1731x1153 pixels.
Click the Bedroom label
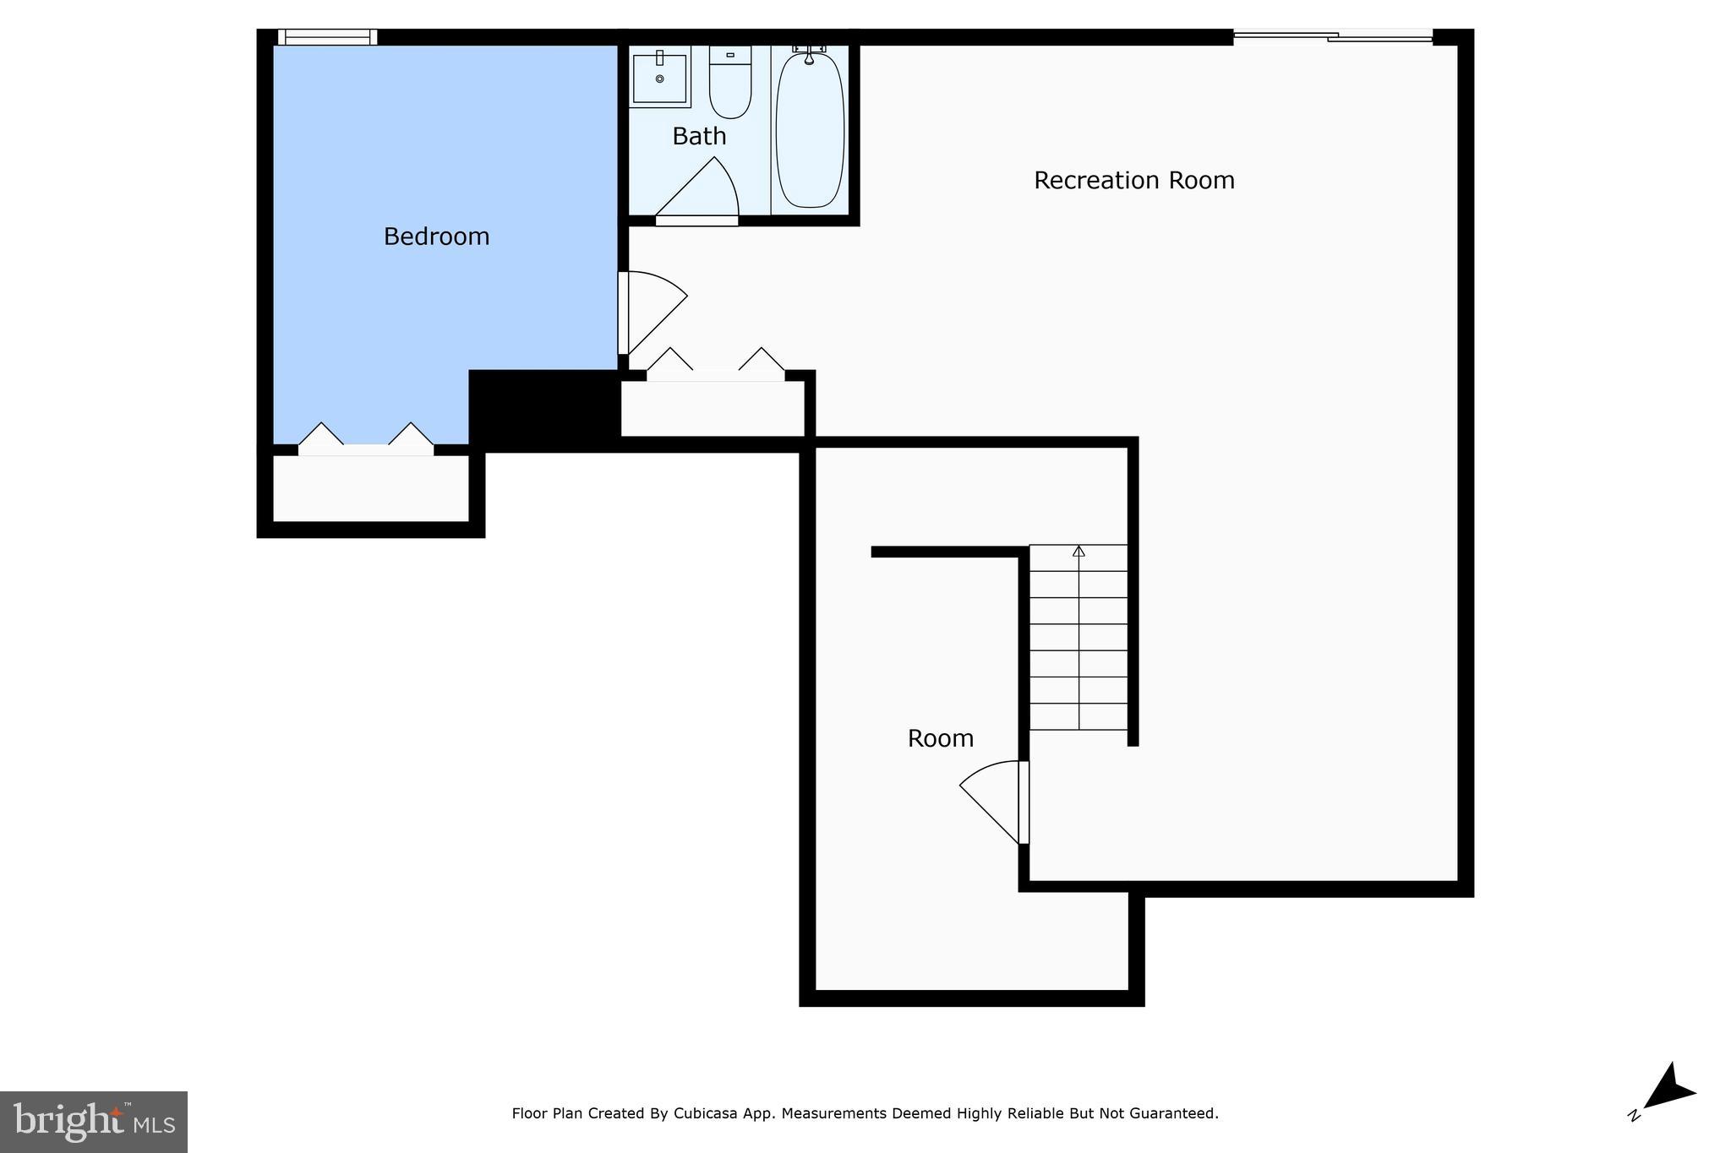tap(436, 237)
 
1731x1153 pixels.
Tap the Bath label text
tap(699, 136)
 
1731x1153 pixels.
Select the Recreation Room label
tap(1133, 181)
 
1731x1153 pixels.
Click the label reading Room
tap(940, 739)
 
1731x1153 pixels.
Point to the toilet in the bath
tap(729, 83)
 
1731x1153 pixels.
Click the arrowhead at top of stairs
tap(1078, 552)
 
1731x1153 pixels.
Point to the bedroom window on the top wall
tap(327, 37)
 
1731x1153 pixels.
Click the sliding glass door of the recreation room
tap(1333, 36)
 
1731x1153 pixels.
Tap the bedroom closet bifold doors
tap(366, 439)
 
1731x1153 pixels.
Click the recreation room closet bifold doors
tap(715, 365)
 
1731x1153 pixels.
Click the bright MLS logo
tap(94, 1122)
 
